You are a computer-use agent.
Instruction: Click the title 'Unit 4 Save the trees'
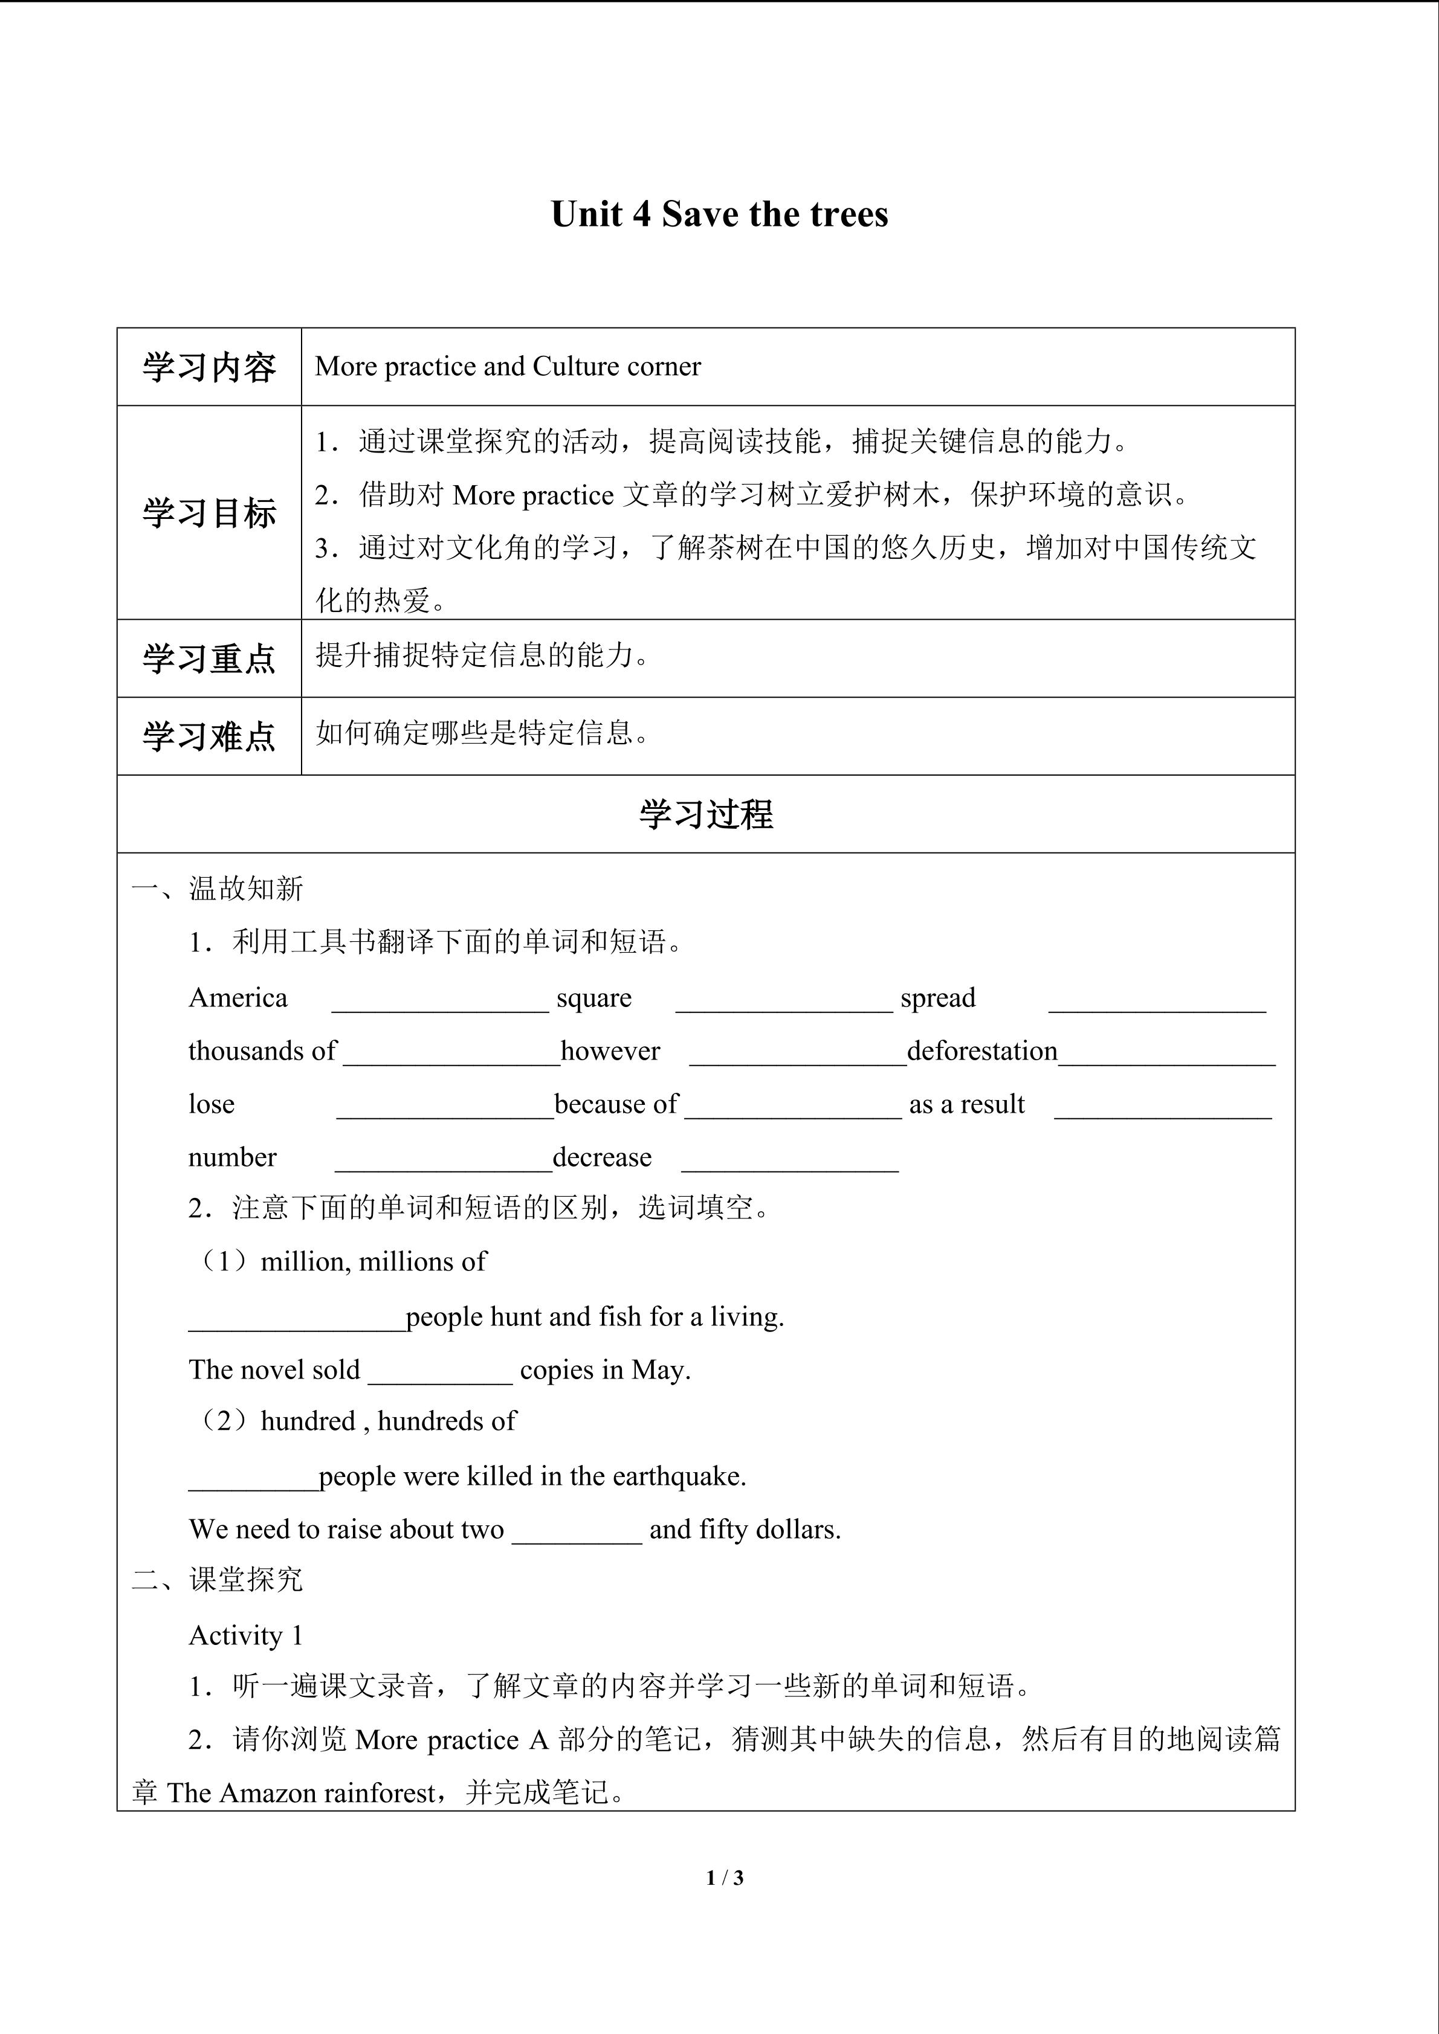tap(719, 215)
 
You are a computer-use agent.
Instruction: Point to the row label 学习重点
tap(209, 659)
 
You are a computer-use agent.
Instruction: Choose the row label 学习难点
tap(209, 737)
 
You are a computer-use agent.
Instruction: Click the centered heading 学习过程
tap(707, 815)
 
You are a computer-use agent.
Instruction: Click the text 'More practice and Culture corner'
tap(508, 367)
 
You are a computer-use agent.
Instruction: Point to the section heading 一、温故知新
tap(218, 889)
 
